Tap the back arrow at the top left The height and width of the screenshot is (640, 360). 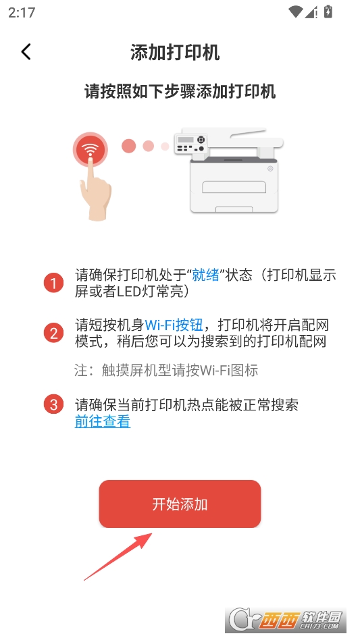pos(26,52)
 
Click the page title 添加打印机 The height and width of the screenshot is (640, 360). pos(175,53)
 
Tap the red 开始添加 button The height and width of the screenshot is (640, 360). pos(180,504)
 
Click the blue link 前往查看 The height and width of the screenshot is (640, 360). pos(103,421)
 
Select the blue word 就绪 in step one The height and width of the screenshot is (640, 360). pos(206,275)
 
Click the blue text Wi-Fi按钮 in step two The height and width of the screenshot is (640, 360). pos(174,325)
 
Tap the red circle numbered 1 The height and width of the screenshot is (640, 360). pos(54,283)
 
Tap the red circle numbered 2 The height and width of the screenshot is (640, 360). pos(54,333)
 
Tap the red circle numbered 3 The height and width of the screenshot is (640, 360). pos(54,404)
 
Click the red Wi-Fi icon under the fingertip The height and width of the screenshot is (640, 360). pos(91,149)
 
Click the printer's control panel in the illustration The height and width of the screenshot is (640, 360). pos(190,143)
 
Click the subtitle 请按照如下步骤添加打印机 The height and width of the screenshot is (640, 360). pos(180,91)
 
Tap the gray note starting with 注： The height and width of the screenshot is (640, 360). pos(166,370)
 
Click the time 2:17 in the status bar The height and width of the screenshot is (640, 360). pos(22,13)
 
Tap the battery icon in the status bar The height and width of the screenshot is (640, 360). pos(328,12)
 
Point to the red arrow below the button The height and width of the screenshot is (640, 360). pos(118,556)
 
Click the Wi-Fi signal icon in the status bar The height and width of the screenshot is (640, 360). pos(295,12)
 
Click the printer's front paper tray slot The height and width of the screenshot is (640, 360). pos(234,187)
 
